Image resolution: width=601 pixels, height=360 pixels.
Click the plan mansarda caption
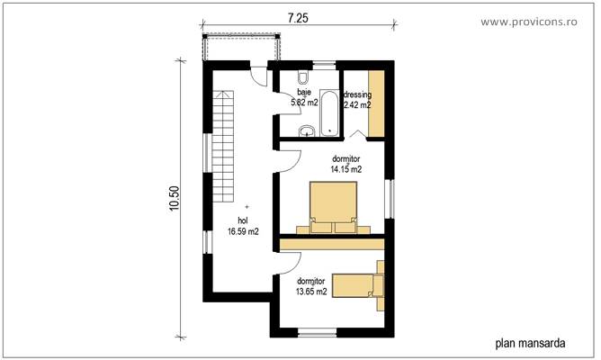530,343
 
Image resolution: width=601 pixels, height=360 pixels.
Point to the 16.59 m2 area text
243,231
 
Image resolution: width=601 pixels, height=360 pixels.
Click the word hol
243,220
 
